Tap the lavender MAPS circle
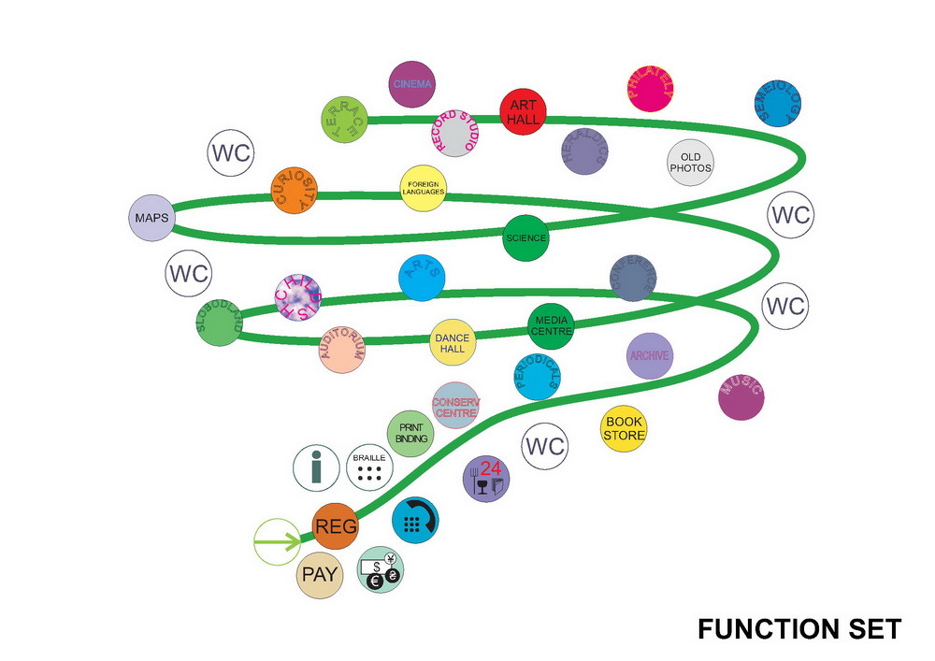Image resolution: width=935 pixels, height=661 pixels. (151, 218)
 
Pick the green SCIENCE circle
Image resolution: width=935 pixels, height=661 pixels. (525, 237)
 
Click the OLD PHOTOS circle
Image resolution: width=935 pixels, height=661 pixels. (690, 163)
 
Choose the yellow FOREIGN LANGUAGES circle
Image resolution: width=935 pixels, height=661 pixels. (423, 188)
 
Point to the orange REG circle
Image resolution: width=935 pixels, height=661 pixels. (336, 527)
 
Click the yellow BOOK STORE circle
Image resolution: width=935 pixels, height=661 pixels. (623, 429)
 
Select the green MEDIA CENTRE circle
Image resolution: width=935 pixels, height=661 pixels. (551, 324)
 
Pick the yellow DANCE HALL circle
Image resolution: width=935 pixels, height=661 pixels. (453, 342)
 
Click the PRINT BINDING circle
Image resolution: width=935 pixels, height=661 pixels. (410, 433)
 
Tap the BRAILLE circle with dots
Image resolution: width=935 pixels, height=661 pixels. (369, 467)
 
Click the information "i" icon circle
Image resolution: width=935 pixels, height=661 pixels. (317, 467)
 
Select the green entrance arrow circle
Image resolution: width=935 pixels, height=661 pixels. (278, 541)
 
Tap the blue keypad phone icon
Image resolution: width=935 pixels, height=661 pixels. (413, 519)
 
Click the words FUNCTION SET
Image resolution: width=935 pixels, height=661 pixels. (799, 628)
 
